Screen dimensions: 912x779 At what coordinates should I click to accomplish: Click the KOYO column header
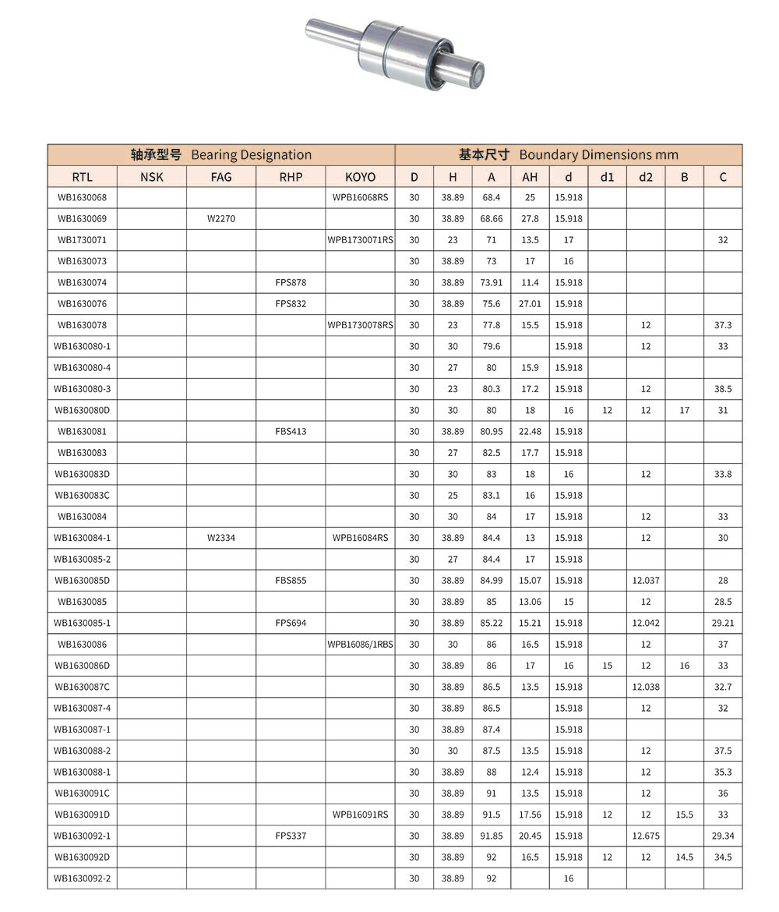tap(360, 177)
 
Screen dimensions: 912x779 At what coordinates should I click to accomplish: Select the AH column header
tap(530, 177)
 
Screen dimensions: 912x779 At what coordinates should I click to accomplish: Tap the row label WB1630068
tap(82, 197)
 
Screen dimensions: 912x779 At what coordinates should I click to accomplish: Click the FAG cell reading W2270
tap(221, 219)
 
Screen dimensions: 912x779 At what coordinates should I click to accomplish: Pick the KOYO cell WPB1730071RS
tap(360, 240)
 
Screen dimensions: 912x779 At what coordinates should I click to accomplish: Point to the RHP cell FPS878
tap(291, 282)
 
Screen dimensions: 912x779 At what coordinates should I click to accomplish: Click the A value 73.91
tap(492, 282)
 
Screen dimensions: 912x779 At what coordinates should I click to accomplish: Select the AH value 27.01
tap(530, 304)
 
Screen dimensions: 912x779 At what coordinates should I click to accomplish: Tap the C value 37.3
tap(723, 325)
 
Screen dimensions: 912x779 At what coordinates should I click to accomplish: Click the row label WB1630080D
tap(82, 410)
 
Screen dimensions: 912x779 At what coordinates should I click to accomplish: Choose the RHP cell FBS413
tap(291, 431)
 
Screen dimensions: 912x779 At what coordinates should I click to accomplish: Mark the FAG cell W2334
tap(221, 538)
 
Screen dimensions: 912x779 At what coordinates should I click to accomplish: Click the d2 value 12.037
tap(646, 581)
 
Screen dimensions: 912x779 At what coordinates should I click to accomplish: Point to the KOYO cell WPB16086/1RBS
tap(360, 645)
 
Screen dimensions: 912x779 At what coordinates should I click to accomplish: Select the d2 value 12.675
tap(646, 836)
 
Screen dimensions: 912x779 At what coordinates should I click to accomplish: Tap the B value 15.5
tap(684, 815)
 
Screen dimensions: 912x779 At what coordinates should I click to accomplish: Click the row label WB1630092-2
tap(82, 878)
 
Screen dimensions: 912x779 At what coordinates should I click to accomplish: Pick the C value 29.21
tap(723, 623)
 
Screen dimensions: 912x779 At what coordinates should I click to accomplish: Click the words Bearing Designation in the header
tap(251, 155)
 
